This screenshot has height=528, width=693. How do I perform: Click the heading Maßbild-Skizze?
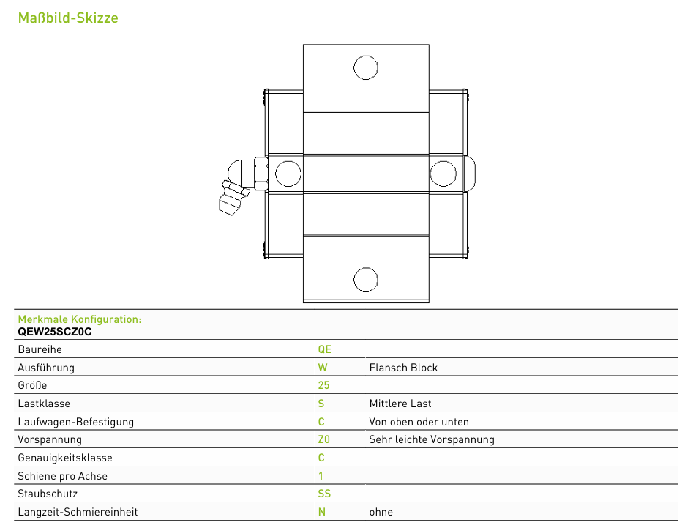[68, 18]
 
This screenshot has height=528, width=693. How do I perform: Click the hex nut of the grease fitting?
[261, 174]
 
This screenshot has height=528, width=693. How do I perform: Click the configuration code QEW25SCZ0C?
[55, 332]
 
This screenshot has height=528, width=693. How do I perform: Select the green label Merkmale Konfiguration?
[80, 319]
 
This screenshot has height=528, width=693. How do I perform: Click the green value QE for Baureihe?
[324, 349]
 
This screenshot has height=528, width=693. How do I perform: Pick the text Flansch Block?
[403, 368]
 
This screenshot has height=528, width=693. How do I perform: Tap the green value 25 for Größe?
[323, 385]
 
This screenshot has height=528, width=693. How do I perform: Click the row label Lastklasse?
[44, 404]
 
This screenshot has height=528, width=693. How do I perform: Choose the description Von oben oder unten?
[419, 422]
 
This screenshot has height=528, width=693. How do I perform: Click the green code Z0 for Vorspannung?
[324, 439]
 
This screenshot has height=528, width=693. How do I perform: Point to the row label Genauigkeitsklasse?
[65, 458]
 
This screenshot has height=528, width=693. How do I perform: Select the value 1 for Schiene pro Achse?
[321, 476]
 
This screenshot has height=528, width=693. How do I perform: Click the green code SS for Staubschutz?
[324, 494]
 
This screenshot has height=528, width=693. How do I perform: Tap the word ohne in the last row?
[381, 512]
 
